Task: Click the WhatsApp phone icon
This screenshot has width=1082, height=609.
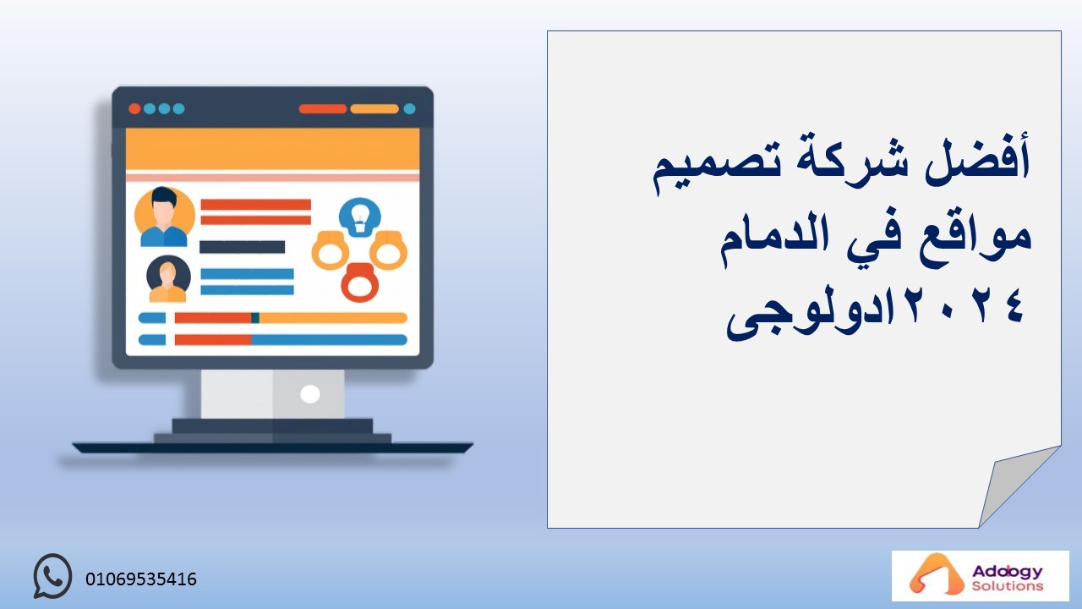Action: (52, 576)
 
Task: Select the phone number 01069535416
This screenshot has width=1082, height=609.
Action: (141, 579)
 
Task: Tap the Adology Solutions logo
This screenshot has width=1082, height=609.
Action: (980, 576)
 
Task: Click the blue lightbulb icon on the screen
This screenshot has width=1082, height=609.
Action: (359, 217)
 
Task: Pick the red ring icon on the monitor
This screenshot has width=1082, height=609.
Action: (360, 283)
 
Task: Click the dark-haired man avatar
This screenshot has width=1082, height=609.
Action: (164, 217)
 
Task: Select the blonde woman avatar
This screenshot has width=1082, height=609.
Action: (168, 279)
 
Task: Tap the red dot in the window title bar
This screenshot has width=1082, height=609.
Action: (134, 109)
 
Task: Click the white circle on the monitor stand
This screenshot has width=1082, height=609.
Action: (309, 394)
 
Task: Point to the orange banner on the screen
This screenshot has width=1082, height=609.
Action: (272, 150)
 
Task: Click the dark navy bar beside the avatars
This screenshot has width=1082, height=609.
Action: (242, 247)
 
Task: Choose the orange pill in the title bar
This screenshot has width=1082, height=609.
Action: (374, 109)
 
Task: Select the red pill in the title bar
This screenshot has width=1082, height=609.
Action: (323, 109)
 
